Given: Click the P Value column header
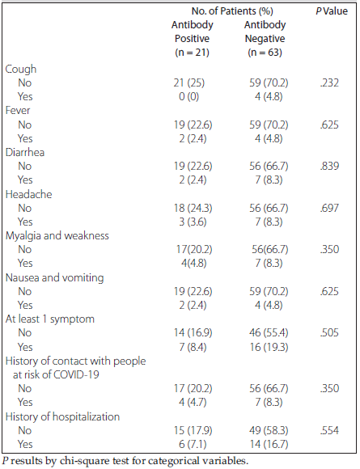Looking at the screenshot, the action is coord(332,11).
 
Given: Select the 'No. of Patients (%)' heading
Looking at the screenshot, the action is coord(232,11).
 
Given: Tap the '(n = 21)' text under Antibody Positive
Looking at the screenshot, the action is coord(192,53).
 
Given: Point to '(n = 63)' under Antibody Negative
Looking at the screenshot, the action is coord(265,53).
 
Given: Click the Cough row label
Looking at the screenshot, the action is coord(21,70).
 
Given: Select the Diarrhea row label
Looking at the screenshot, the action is coord(25,152).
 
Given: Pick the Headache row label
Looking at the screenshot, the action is coord(29,194).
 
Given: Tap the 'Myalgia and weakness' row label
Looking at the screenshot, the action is coord(57,236).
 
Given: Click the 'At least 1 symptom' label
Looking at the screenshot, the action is coord(50,319).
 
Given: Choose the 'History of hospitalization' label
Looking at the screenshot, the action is coord(62,416).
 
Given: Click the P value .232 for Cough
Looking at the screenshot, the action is coord(329,82).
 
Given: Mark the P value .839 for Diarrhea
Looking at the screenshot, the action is coord(329,166).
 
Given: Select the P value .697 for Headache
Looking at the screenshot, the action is coord(329,208).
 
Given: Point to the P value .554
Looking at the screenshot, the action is coord(329,430).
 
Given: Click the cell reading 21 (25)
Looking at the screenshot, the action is coord(189,82).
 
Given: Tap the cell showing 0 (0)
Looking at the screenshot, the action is coord(188,96).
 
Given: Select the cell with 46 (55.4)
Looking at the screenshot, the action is coord(269,332).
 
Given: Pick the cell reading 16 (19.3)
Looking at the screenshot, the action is coord(269,347).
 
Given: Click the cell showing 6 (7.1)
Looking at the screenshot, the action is coord(193,444).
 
